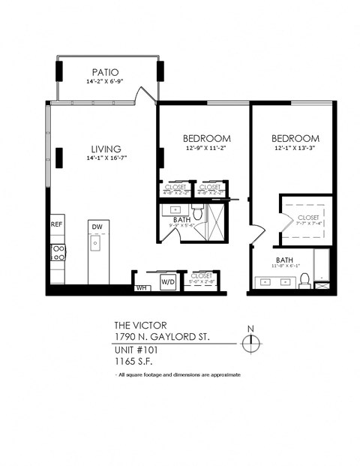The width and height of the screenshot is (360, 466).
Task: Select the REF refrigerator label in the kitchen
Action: [x=57, y=224]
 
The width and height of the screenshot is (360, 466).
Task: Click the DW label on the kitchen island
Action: [x=97, y=226]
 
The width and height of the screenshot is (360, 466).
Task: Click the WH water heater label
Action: [x=140, y=287]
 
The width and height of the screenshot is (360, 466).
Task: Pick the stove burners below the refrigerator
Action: [x=58, y=252]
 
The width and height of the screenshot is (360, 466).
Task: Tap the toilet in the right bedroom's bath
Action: [x=304, y=280]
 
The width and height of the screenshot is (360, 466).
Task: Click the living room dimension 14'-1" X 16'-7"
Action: [x=106, y=158]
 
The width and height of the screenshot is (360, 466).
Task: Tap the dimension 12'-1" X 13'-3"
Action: [x=295, y=149]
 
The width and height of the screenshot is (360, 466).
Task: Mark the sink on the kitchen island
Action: [x=97, y=244]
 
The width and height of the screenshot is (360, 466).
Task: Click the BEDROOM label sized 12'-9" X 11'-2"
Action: [x=206, y=139]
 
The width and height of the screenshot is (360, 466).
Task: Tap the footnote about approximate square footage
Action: [x=178, y=374]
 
